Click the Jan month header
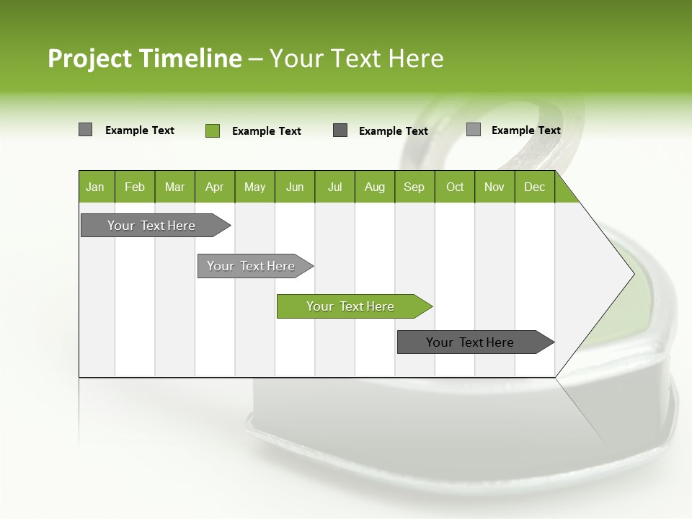click(x=96, y=187)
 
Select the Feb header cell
click(x=135, y=187)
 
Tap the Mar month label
click(x=174, y=187)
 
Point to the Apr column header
click(x=215, y=187)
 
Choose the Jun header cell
click(x=295, y=187)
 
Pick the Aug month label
click(x=375, y=187)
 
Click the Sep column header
click(x=414, y=187)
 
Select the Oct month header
click(x=455, y=187)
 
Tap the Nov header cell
click(x=494, y=187)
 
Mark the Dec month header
click(x=535, y=187)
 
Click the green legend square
click(x=213, y=130)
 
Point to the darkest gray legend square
click(x=340, y=130)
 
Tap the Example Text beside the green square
click(x=266, y=131)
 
